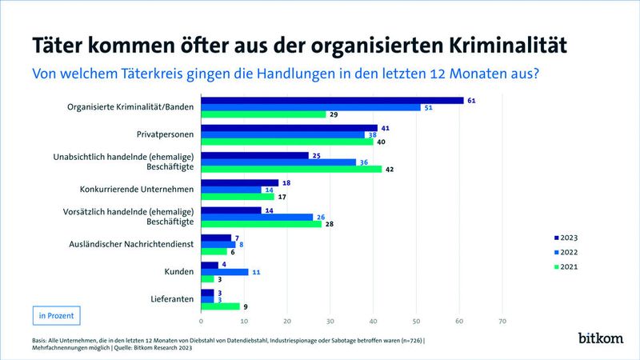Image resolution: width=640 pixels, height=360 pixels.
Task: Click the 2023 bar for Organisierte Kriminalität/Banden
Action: click(332, 100)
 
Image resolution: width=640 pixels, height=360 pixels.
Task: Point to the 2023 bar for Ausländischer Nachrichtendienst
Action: click(215, 238)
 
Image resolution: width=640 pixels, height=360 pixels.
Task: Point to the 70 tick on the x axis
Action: click(502, 322)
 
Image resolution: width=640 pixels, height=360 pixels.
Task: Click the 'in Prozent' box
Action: click(56, 315)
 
